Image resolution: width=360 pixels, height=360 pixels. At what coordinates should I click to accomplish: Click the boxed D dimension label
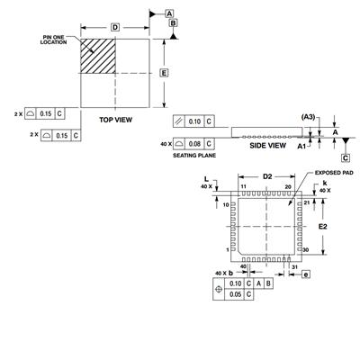tap(115, 28)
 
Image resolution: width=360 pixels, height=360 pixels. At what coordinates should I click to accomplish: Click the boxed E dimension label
tap(164, 73)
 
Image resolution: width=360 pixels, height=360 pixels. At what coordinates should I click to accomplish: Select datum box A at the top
tap(169, 13)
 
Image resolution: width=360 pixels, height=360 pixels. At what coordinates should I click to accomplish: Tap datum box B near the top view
tap(174, 22)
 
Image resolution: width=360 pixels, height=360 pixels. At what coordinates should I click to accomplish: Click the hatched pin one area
tap(98, 56)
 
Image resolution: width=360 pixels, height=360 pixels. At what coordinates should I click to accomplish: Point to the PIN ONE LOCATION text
tap(54, 40)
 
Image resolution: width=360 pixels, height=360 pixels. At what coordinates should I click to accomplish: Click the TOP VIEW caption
tap(116, 120)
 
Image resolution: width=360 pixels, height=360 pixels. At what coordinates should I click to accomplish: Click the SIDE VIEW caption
tap(267, 146)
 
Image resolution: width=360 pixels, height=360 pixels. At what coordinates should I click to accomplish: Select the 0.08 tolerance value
tap(194, 144)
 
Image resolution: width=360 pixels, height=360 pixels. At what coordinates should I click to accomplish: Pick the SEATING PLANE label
tap(194, 156)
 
